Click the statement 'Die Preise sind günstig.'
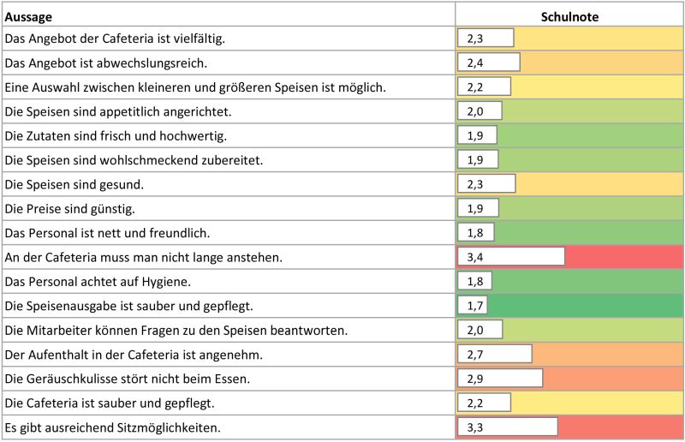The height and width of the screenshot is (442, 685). [x=69, y=208]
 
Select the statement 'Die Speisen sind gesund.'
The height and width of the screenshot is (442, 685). [x=74, y=184]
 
